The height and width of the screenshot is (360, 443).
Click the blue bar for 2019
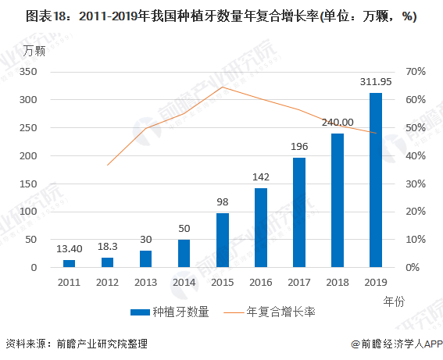[376, 180]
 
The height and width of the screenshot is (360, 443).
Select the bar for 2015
[223, 240]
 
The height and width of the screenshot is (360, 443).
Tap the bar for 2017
[299, 212]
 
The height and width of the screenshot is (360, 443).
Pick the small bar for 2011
[70, 263]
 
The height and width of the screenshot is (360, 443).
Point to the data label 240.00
[337, 122]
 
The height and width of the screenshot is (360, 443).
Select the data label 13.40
[70, 248]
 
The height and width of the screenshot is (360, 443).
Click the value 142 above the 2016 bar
[261, 176]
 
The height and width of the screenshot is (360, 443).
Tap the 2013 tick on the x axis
[146, 282]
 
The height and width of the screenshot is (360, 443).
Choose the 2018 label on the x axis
[338, 282]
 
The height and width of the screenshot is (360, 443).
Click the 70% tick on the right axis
[415, 71]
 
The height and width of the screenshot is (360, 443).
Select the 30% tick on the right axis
[415, 184]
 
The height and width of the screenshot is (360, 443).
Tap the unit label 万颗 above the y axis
[34, 52]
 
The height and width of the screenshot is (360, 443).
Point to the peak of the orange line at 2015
[223, 87]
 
